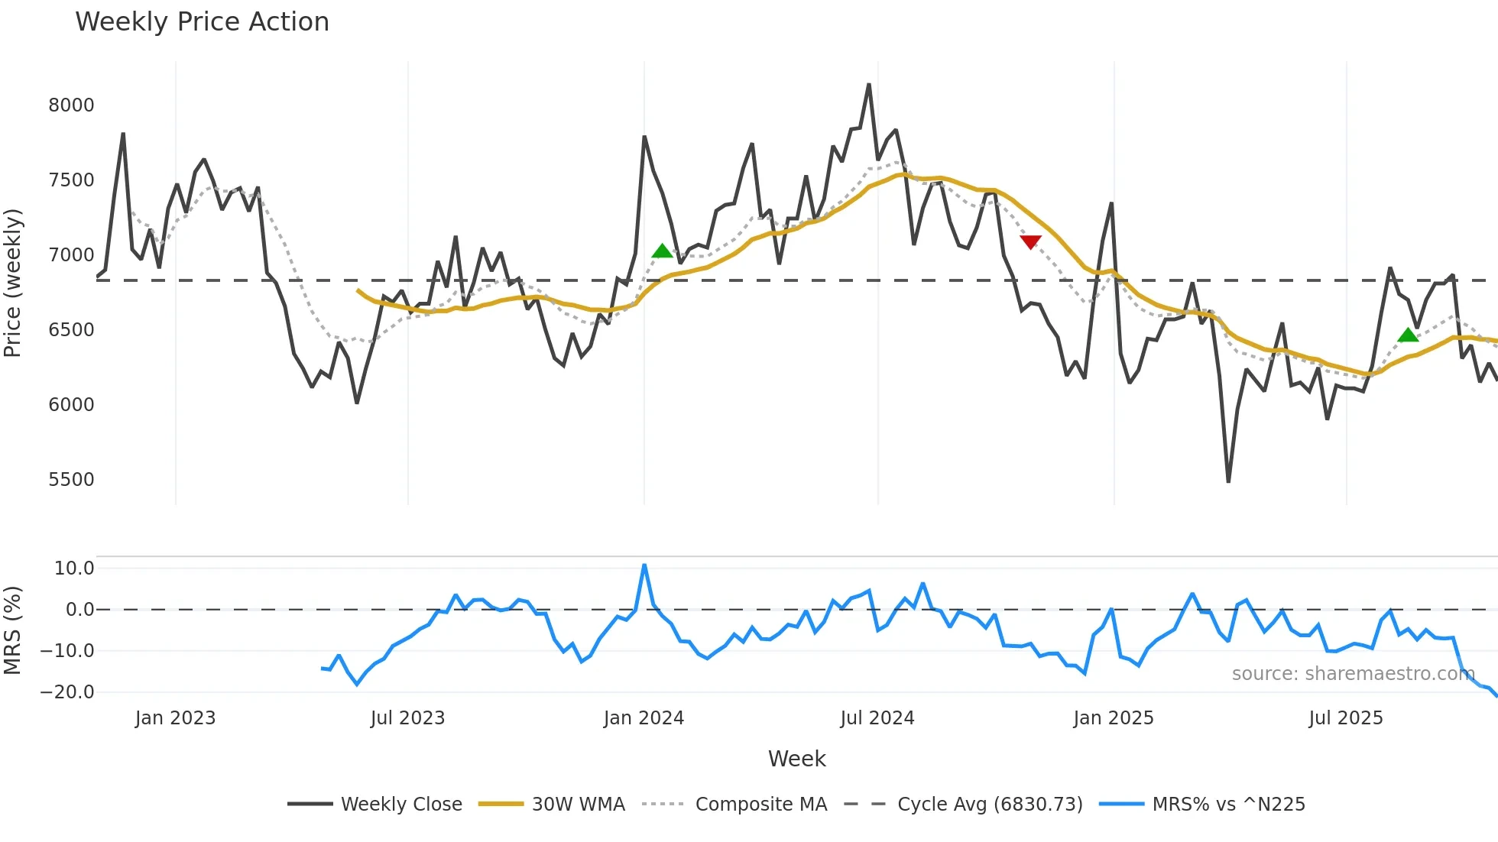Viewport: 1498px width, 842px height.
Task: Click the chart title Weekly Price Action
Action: point(202,22)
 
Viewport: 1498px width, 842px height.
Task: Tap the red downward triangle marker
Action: point(1030,242)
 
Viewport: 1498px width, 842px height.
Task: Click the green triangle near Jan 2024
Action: point(662,251)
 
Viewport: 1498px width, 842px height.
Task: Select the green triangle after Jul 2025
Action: point(1408,335)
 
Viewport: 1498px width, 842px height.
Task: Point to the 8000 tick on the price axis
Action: point(71,105)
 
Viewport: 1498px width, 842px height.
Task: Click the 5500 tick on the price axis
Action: point(71,480)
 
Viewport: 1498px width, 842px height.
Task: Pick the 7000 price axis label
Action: point(71,255)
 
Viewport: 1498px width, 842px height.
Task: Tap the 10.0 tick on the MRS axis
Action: point(74,568)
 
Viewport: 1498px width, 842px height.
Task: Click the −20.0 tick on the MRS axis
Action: point(67,692)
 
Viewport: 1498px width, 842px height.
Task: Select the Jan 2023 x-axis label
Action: point(175,718)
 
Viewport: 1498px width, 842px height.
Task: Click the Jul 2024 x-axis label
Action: point(877,718)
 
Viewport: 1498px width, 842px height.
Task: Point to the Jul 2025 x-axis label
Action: point(1345,718)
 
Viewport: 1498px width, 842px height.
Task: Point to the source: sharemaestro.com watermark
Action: point(1353,674)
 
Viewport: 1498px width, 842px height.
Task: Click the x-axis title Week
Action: point(796,759)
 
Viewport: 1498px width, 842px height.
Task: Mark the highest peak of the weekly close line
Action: point(869,85)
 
